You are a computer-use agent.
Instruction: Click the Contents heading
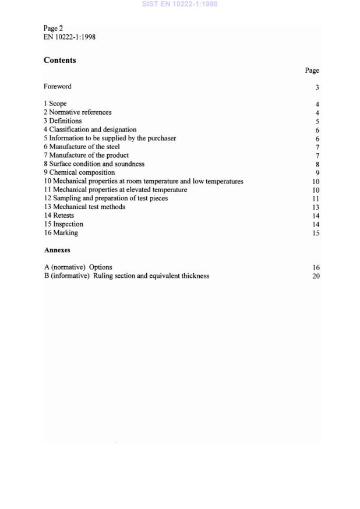[x=59, y=60]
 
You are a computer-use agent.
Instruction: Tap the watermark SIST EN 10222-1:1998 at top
[x=179, y=4]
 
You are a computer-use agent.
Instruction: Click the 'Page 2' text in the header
[x=53, y=28]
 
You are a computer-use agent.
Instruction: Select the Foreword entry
[x=57, y=87]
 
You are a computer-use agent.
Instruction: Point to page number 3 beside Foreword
[x=317, y=87]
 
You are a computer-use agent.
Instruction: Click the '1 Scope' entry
[x=55, y=104]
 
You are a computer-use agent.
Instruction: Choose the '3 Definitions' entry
[x=62, y=121]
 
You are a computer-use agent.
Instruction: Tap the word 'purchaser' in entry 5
[x=161, y=139]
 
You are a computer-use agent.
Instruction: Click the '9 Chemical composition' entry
[x=79, y=173]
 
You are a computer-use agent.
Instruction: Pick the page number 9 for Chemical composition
[x=317, y=173]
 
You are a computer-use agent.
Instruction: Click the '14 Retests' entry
[x=58, y=215]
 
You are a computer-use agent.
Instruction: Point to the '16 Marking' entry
[x=61, y=233]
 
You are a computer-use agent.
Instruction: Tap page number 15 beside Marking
[x=316, y=233]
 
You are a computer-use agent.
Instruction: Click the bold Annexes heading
[x=57, y=250]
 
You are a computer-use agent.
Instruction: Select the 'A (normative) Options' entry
[x=77, y=267]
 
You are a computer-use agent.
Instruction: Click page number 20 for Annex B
[x=316, y=276]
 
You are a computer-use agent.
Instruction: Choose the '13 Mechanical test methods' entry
[x=84, y=207]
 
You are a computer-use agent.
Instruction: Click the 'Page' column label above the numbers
[x=312, y=70]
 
